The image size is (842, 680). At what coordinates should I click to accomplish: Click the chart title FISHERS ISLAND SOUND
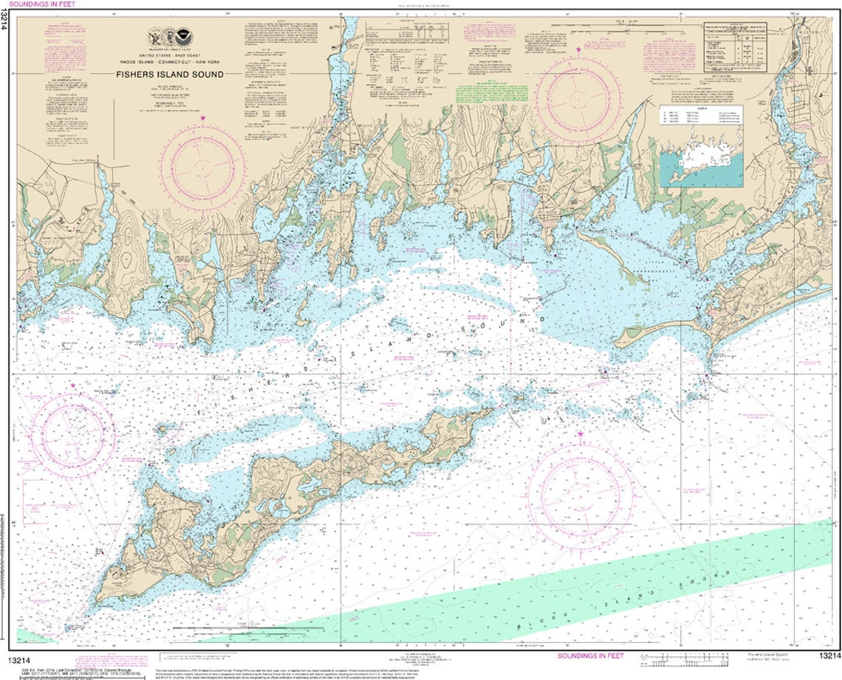pyautogui.click(x=169, y=75)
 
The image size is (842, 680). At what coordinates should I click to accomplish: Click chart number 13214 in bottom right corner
pyautogui.click(x=829, y=656)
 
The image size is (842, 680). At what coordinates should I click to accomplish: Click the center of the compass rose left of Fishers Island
pyautogui.click(x=77, y=432)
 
